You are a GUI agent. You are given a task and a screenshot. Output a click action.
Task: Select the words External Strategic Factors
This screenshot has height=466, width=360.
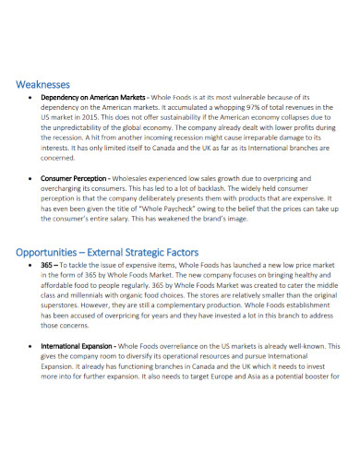150,252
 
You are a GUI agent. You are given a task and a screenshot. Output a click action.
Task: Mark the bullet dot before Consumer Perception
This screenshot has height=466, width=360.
31,178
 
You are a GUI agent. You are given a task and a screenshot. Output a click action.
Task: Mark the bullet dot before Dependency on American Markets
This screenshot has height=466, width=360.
31,95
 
